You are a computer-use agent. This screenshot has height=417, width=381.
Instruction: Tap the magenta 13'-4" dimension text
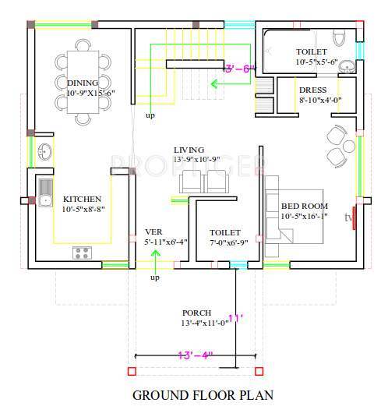tap(196, 355)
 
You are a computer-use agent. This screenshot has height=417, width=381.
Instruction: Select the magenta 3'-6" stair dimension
tap(239, 69)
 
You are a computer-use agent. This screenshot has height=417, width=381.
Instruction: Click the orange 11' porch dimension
tap(235, 319)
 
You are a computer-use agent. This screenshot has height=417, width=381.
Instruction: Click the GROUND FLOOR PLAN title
tap(203, 395)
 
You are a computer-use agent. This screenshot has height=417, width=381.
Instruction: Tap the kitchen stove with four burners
tap(82, 252)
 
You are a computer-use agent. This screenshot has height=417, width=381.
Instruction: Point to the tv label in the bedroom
tap(349, 217)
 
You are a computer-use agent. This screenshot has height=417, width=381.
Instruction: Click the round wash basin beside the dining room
tap(44, 152)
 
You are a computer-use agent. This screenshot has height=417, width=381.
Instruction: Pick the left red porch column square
tap(131, 371)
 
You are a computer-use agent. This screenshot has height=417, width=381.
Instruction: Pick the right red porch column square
tap(258, 371)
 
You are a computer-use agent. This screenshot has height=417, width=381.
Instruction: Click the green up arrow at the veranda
tap(155, 257)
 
